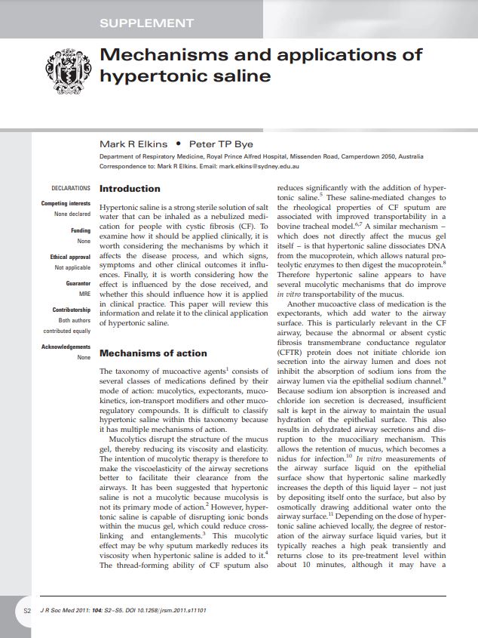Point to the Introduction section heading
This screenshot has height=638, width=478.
click(130, 189)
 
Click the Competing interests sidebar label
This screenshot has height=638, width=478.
click(66, 204)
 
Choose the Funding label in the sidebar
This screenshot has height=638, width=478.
click(81, 230)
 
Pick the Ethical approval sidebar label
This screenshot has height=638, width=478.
click(69, 257)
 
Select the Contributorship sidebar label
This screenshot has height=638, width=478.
click(71, 310)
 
